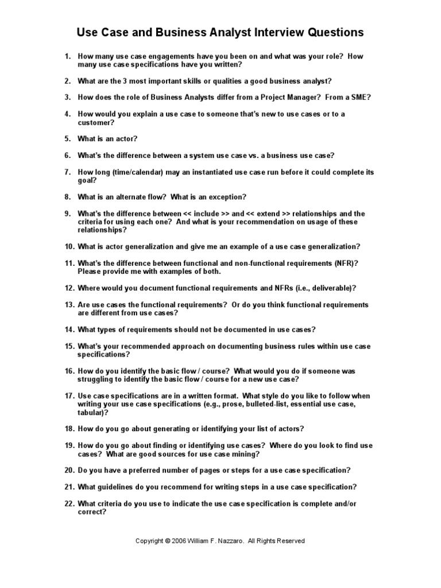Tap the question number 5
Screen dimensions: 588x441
[x=67, y=138]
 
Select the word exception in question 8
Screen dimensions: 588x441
[x=227, y=197]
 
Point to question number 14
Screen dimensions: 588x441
[x=69, y=330]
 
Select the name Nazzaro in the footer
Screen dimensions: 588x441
[x=229, y=541]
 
